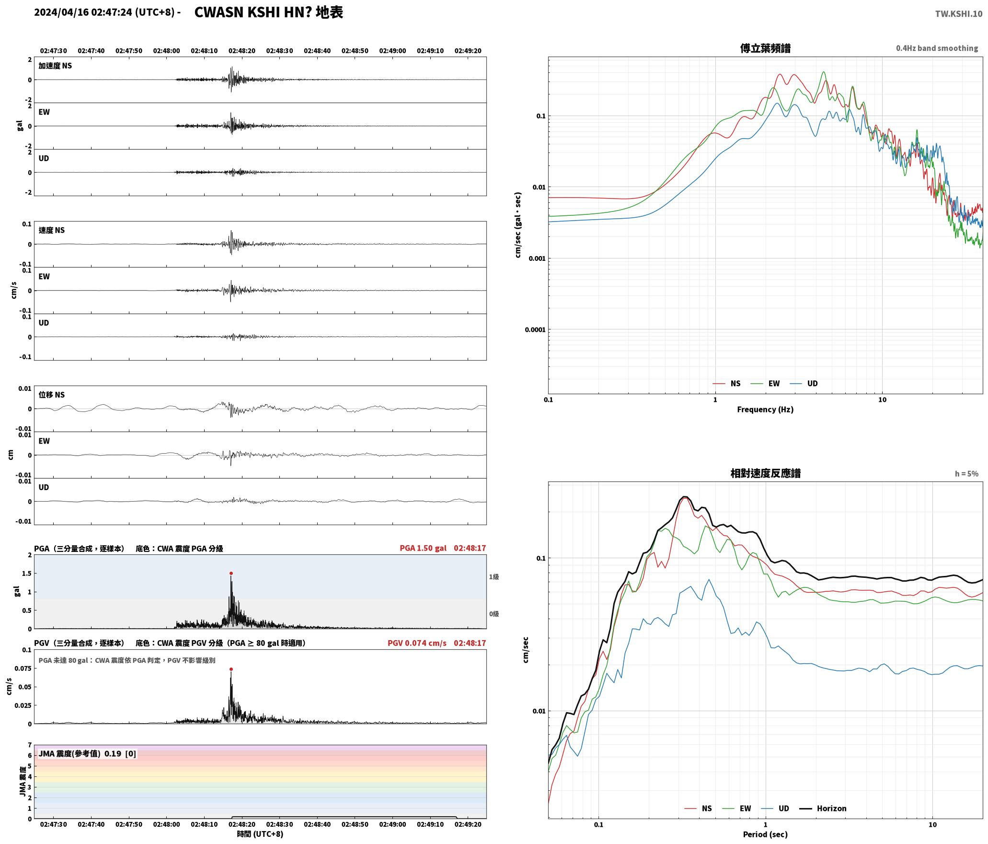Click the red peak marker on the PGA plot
coord(231,573)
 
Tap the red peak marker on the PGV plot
coord(231,669)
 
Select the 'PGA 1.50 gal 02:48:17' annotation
coord(443,548)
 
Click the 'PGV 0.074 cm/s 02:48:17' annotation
coord(437,643)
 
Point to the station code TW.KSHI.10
coord(959,13)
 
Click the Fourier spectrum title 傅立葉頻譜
coord(765,48)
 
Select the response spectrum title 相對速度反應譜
coord(765,473)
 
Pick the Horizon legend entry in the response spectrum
coord(823,809)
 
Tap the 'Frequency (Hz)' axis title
coord(765,410)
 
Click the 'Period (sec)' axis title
coord(765,834)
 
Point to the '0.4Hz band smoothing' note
coord(937,48)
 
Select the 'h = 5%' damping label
coord(966,474)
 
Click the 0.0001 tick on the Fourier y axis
coord(535,329)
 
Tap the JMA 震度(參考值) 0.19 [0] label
coord(87,754)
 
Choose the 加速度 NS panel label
coord(55,66)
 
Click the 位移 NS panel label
coord(52,395)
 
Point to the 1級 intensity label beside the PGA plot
coord(494,577)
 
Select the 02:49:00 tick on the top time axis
coord(392,51)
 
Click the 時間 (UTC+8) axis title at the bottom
coord(260,834)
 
